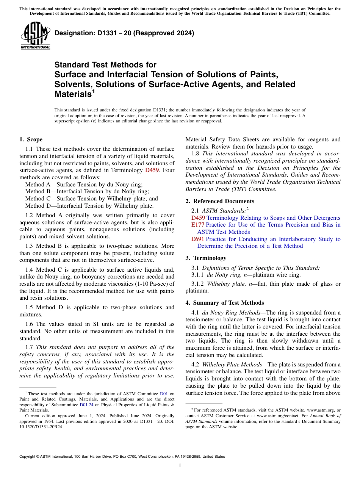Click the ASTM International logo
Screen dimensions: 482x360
[35, 36]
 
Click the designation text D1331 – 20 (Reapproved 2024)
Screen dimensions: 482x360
[124, 33]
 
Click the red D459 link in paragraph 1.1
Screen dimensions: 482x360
[151, 171]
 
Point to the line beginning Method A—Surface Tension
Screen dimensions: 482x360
[84, 185]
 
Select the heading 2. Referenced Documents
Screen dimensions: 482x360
[220, 201]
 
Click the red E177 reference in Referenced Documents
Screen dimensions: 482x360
[198, 225]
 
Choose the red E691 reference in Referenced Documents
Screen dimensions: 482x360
[198, 239]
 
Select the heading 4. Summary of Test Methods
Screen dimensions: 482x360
[225, 303]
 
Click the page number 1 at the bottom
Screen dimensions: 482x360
[180, 466]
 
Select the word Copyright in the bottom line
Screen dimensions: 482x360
[28, 457]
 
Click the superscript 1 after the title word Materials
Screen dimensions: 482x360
[93, 91]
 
